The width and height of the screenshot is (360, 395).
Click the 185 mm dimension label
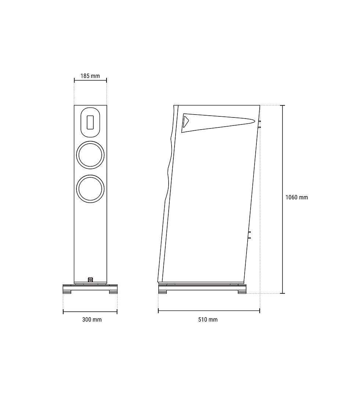(90, 76)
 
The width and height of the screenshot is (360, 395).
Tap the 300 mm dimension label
(92, 319)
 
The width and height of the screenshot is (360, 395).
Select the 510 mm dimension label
(208, 319)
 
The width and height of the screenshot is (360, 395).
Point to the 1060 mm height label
(296, 197)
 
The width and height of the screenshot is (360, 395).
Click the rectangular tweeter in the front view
(90, 122)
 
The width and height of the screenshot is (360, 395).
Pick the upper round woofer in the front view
(90, 155)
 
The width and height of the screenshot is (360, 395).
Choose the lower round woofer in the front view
(90, 189)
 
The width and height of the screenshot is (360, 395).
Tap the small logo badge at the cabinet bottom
(90, 280)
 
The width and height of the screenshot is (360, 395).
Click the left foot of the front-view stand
(67, 292)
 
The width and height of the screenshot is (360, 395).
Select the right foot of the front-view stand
(113, 292)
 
